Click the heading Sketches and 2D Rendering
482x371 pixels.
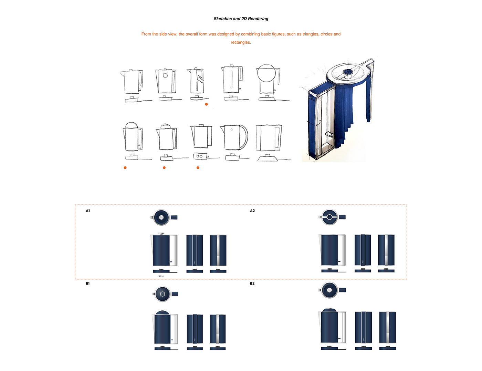coord(241,19)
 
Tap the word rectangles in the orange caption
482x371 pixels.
coord(241,42)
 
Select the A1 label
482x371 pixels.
coord(88,211)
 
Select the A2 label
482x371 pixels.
coord(252,211)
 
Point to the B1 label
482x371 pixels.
coord(88,284)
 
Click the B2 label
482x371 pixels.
coord(252,284)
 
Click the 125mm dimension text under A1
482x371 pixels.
coord(161,276)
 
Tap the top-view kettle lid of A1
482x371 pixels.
coord(161,217)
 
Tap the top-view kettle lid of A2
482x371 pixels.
coord(329,217)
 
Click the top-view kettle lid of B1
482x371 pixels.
coord(163,294)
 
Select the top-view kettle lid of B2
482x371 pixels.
coord(329,290)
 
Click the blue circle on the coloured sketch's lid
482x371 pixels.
coord(348,72)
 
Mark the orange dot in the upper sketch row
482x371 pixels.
coord(206,104)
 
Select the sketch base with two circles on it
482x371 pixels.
coord(199,156)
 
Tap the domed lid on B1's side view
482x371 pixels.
coord(162,313)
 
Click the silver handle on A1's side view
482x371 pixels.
coord(174,250)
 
